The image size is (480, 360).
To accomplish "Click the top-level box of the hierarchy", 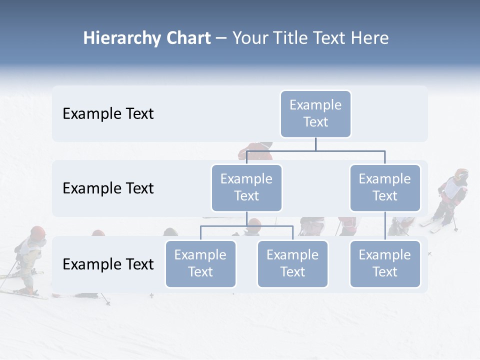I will (x=315, y=113).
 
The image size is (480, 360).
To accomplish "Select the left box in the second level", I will (x=246, y=187).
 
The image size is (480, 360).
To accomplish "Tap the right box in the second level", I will (x=385, y=187).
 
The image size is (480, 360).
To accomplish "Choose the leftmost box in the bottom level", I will (x=200, y=263).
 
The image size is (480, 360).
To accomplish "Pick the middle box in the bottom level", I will (x=292, y=263).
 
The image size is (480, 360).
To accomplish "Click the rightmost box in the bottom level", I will (x=385, y=263).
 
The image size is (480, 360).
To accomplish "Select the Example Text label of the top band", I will (x=108, y=113).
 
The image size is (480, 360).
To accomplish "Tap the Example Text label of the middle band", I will (x=108, y=188).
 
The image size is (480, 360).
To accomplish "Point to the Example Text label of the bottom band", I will (x=108, y=264).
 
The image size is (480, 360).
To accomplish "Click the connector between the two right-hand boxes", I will (x=385, y=226).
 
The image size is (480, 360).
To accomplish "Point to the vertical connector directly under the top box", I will (x=315, y=144).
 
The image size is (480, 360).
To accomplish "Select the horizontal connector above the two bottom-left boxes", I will (x=246, y=226).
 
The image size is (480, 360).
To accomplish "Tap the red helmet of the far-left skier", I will (x=37, y=232).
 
